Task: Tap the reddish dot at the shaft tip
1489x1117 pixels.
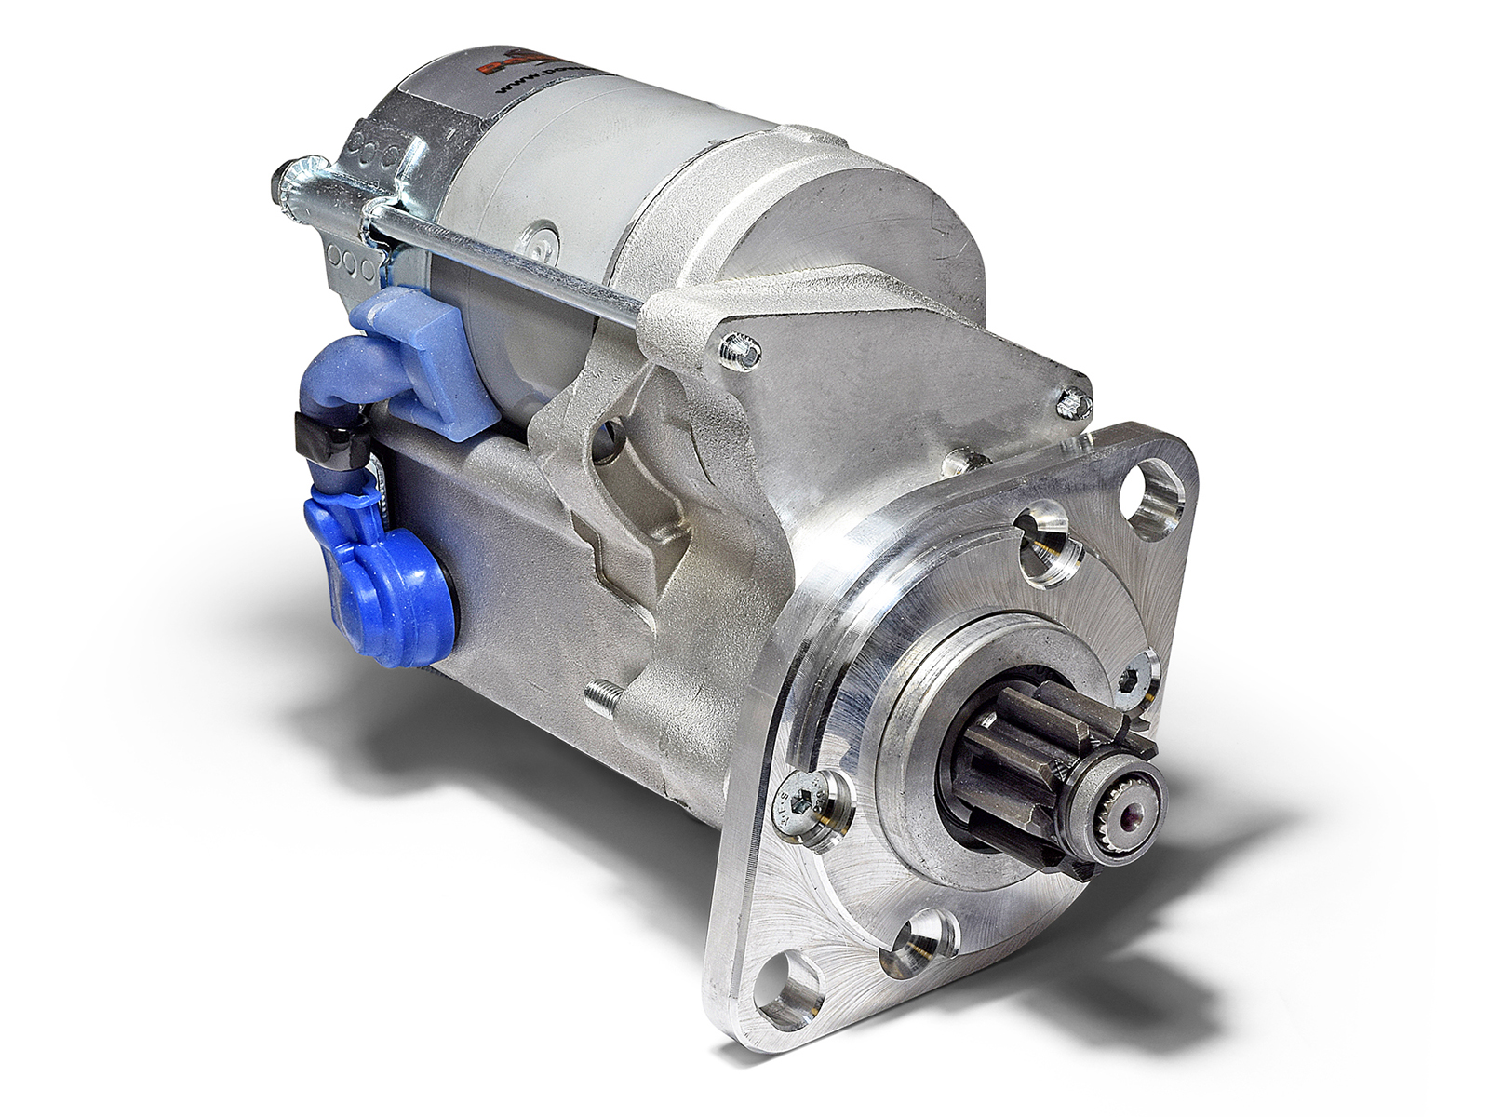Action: (1133, 819)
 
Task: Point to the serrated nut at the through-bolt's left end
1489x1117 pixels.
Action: (285, 182)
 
